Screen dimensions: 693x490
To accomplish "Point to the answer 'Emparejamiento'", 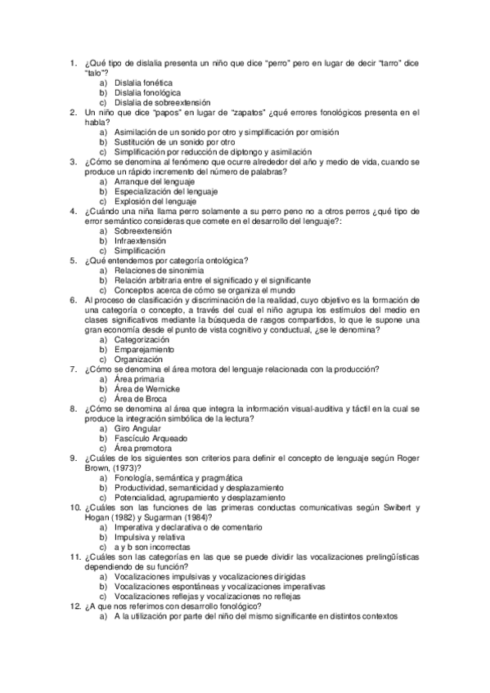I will pos(144,349).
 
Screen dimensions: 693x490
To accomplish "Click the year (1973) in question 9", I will pos(123,467).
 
